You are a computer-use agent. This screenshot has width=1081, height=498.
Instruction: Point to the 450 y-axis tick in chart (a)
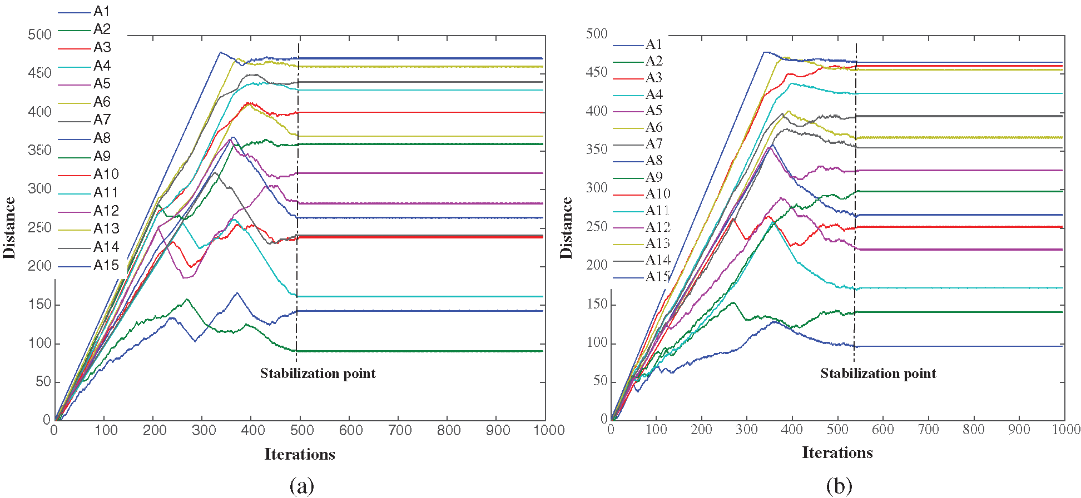tap(39, 73)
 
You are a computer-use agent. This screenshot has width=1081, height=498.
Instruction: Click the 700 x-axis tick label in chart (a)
tap(399, 430)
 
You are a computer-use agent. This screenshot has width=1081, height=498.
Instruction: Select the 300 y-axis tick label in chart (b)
tap(597, 188)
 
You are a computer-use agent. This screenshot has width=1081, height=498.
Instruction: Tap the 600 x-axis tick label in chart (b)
tap(882, 430)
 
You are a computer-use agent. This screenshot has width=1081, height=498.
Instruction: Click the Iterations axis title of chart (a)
tap(300, 455)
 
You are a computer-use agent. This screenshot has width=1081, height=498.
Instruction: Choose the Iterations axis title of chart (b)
tap(837, 453)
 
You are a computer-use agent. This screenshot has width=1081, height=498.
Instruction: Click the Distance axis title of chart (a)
tap(9, 228)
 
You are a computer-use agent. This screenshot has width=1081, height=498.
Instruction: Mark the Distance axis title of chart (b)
tap(566, 228)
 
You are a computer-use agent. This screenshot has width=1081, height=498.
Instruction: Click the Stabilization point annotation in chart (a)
tap(318, 373)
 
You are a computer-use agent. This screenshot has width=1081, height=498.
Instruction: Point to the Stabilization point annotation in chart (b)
tap(878, 373)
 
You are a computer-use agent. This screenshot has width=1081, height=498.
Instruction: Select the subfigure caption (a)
tap(301, 486)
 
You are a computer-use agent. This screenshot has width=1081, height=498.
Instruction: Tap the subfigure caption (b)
tap(839, 486)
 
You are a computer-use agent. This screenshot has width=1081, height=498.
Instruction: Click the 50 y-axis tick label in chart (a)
tap(43, 382)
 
